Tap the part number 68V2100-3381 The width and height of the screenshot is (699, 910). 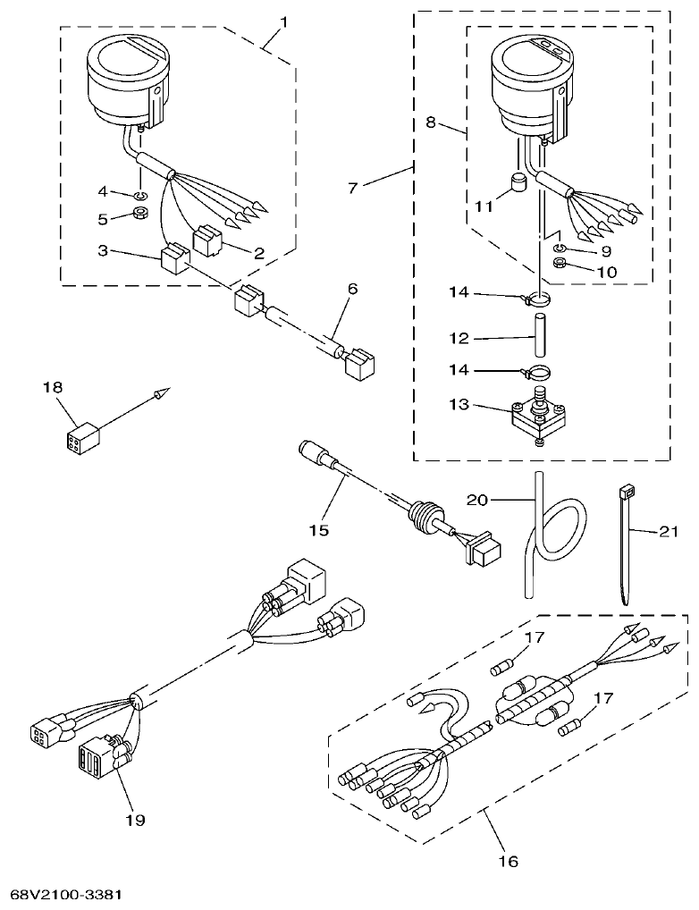(x=66, y=894)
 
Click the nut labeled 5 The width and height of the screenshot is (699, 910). (x=141, y=215)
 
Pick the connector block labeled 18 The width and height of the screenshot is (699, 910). (x=82, y=438)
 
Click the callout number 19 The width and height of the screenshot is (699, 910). (x=136, y=818)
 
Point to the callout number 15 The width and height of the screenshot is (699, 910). (x=319, y=530)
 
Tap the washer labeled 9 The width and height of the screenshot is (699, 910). (x=559, y=248)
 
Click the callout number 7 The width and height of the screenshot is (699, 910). (x=352, y=189)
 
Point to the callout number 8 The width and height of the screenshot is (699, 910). (x=431, y=122)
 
